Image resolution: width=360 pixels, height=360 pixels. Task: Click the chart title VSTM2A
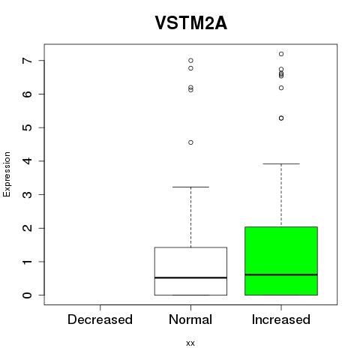191,23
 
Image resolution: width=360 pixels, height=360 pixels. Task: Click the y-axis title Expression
7,174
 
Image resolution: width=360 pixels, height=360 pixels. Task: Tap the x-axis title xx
190,343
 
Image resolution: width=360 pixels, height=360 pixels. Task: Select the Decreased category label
100,319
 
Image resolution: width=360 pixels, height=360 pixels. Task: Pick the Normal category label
190,319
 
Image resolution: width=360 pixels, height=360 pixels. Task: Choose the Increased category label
281,319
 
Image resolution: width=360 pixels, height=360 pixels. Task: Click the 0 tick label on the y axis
28,295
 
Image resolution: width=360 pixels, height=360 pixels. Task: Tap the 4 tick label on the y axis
28,161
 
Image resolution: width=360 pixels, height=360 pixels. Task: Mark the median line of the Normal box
190,277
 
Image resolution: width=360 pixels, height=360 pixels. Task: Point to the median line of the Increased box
281,274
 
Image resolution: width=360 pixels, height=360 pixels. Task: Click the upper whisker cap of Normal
190,187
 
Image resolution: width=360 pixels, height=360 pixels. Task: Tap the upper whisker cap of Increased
281,163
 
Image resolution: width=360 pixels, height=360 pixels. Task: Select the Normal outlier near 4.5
190,142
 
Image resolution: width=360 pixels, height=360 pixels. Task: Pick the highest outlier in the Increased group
281,54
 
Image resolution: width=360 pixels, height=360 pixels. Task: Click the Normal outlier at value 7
190,61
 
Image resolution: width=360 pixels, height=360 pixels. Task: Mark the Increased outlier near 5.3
281,118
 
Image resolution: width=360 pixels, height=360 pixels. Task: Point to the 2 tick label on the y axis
28,228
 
